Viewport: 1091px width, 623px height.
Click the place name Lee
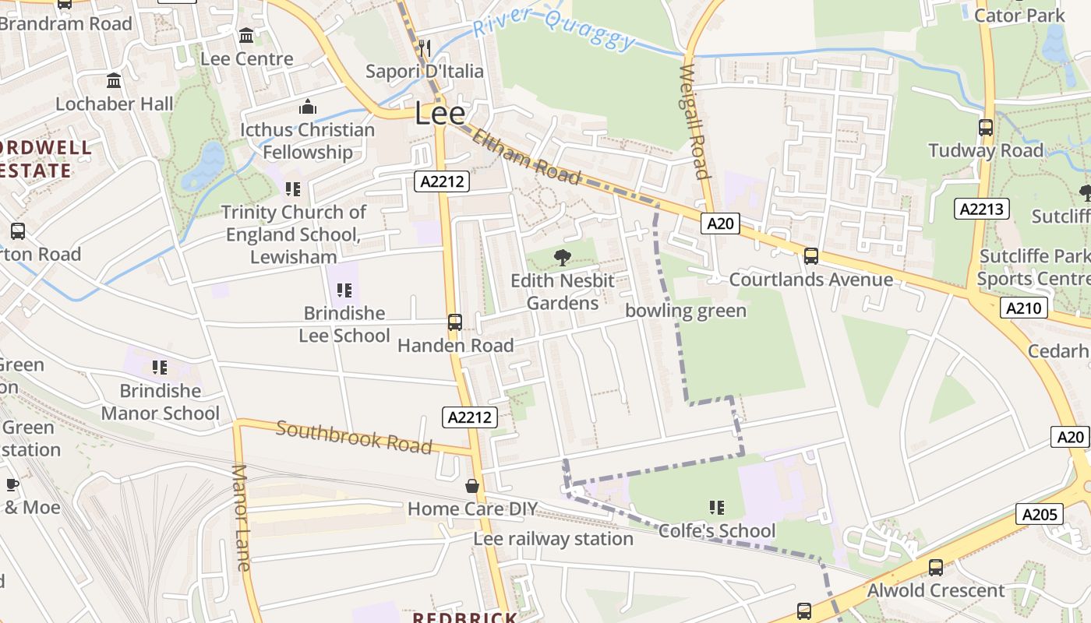[x=440, y=114]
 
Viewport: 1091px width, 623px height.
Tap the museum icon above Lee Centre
[x=247, y=35]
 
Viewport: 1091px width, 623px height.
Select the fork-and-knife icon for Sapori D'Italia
[x=425, y=48]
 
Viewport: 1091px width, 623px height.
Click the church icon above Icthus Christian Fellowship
[x=308, y=107]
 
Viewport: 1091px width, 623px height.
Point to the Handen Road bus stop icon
[x=455, y=322]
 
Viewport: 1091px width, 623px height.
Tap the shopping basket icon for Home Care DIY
[x=472, y=487]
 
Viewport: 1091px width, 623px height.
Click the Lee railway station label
[x=553, y=539]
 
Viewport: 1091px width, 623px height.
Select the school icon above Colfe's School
[x=717, y=508]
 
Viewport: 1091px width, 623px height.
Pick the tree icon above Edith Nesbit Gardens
[x=562, y=258]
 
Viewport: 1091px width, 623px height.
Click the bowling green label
[x=686, y=311]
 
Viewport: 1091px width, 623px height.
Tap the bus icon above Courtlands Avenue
[x=811, y=256]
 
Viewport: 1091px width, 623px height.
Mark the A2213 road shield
[x=982, y=209]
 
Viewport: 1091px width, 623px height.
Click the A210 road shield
[x=1023, y=308]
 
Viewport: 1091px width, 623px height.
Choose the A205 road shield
[x=1040, y=514]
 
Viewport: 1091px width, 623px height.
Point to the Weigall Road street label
[x=693, y=122]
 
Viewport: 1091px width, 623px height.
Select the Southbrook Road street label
[x=354, y=438]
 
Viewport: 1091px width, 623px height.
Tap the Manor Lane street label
[x=242, y=517]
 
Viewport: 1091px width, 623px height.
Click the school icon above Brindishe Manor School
[x=160, y=368]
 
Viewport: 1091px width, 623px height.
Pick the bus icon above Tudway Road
[x=986, y=127]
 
